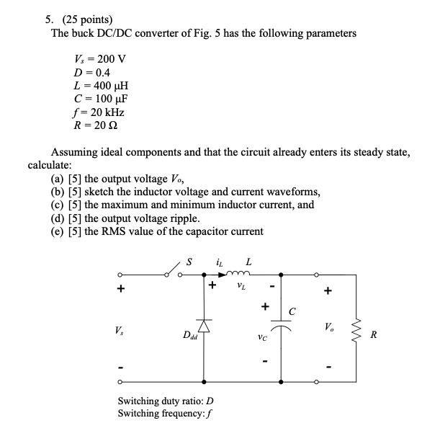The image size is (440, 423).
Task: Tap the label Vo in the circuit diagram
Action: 330,331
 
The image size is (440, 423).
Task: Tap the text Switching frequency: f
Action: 163,414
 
